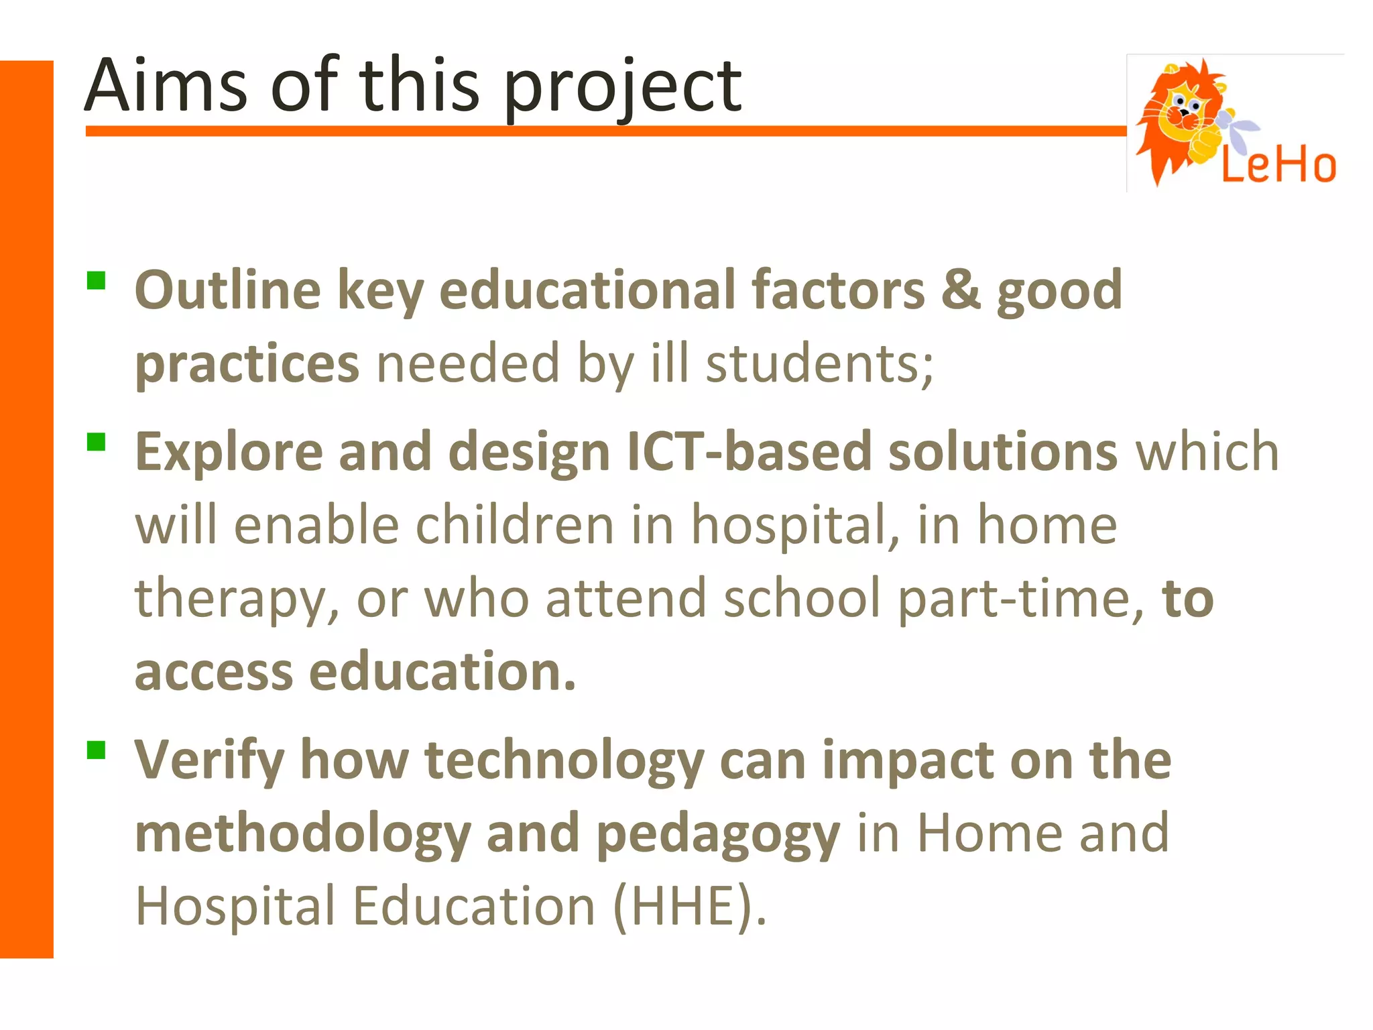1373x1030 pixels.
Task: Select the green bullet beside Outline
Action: click(97, 280)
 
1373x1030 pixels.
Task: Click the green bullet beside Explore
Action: click(97, 442)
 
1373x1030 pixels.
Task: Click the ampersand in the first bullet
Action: click(960, 290)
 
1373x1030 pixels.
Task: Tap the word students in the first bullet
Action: click(819, 363)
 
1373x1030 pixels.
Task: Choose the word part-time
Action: click(1020, 598)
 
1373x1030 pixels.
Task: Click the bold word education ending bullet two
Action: click(442, 671)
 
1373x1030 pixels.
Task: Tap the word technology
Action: click(564, 761)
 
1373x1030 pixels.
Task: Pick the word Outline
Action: click(228, 290)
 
